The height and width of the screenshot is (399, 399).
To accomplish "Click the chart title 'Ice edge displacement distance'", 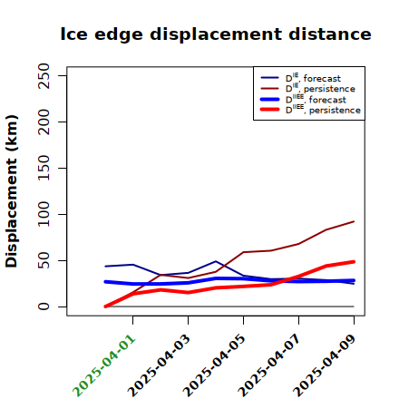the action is pos(216,34).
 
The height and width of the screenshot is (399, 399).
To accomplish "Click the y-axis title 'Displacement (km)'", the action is pos(12,191).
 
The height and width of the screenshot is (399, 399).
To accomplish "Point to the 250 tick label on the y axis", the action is pos(44,76).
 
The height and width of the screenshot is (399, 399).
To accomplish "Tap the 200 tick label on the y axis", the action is pos(44,122).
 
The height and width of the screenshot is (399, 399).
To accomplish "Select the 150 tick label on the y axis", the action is pos(44,168).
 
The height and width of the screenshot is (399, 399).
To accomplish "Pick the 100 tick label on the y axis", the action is pos(44,214).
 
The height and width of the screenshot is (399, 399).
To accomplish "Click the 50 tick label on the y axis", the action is pos(44,260).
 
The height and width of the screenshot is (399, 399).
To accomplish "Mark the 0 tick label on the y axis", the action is pos(44,307).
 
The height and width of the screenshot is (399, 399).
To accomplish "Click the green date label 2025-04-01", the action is pos(103,365).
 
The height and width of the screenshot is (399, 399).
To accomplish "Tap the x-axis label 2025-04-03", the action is pos(159,365).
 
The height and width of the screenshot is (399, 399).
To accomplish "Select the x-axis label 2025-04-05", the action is pos(214,365).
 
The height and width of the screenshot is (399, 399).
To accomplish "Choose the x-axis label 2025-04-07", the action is pos(269,365).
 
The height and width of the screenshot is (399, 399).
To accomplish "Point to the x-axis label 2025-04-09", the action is pos(325,365).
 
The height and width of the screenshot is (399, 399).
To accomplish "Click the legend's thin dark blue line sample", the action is pos(269,78).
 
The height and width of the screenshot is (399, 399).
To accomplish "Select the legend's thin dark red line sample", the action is pos(269,88).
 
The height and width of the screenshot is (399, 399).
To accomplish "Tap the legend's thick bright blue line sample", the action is pos(269,99).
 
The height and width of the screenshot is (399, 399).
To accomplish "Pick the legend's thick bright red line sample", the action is pos(269,109).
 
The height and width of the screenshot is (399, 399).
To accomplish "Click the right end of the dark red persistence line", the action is pos(354,221).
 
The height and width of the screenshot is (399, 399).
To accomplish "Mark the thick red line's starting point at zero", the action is pos(105,307).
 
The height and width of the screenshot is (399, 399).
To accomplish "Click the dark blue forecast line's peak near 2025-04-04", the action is pos(216,261).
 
